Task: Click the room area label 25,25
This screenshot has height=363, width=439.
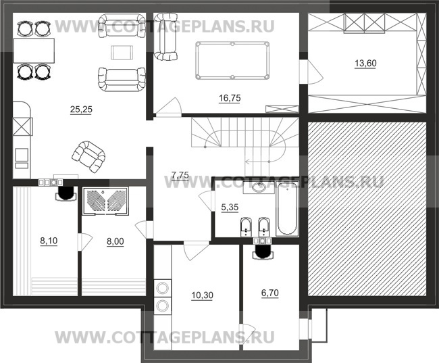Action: [x=72, y=107]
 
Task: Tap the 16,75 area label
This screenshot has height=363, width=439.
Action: [x=230, y=98]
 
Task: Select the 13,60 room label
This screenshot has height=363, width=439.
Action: [x=366, y=64]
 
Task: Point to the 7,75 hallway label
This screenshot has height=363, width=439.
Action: [x=180, y=175]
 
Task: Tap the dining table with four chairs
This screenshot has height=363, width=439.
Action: [x=34, y=49]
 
